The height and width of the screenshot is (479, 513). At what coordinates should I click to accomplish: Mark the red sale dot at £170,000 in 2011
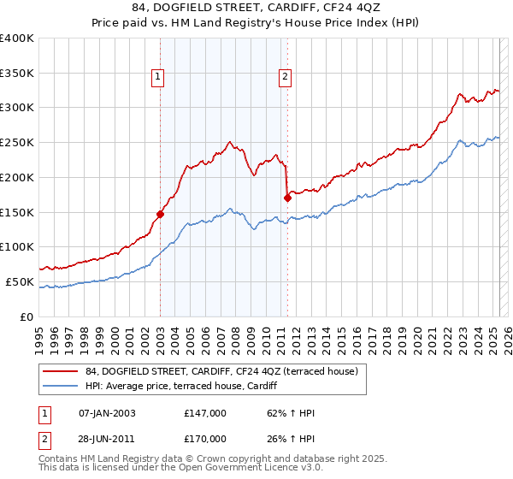pyautogui.click(x=287, y=198)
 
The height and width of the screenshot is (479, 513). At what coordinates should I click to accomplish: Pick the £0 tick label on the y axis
pyautogui.click(x=26, y=316)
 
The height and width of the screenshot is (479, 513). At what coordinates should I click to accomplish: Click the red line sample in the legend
pyautogui.click(x=60, y=370)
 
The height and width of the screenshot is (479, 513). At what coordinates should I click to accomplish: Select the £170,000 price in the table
pyautogui.click(x=205, y=438)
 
